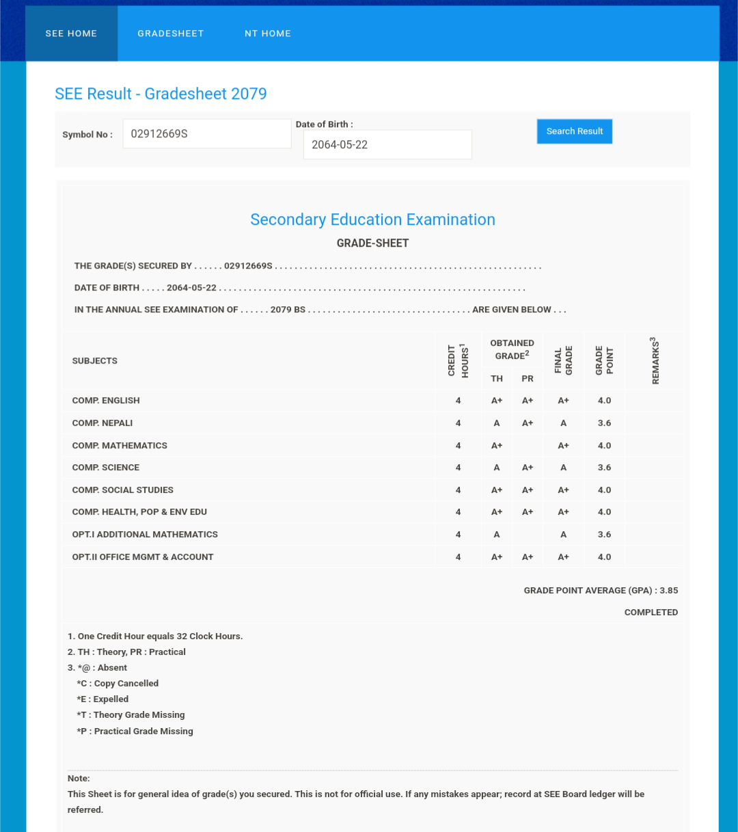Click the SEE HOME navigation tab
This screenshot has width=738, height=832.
tap(71, 33)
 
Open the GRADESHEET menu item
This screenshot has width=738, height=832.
tap(171, 33)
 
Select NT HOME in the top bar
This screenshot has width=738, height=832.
tap(268, 33)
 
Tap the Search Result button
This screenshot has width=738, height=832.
tap(575, 131)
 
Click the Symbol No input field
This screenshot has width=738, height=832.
tap(206, 134)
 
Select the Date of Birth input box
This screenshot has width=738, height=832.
tap(387, 145)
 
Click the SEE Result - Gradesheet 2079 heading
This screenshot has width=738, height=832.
tap(161, 94)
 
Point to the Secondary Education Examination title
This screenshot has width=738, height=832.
tap(372, 219)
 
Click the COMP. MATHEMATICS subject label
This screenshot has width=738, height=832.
tap(120, 446)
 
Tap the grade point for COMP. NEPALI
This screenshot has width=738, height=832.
tap(604, 423)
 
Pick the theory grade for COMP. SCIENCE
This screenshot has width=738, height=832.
tap(497, 468)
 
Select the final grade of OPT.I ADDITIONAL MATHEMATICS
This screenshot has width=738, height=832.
tap(563, 535)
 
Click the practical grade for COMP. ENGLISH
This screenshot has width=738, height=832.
tap(528, 401)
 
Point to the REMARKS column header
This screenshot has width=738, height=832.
tap(655, 360)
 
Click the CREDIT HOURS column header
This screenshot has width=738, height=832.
tap(458, 360)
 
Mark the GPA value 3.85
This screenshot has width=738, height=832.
tap(668, 591)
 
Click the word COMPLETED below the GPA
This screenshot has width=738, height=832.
tap(651, 613)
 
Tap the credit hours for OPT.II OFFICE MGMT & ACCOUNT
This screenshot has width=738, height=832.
tap(458, 557)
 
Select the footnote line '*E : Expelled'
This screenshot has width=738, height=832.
tap(102, 699)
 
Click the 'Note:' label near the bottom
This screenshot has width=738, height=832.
tap(79, 779)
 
